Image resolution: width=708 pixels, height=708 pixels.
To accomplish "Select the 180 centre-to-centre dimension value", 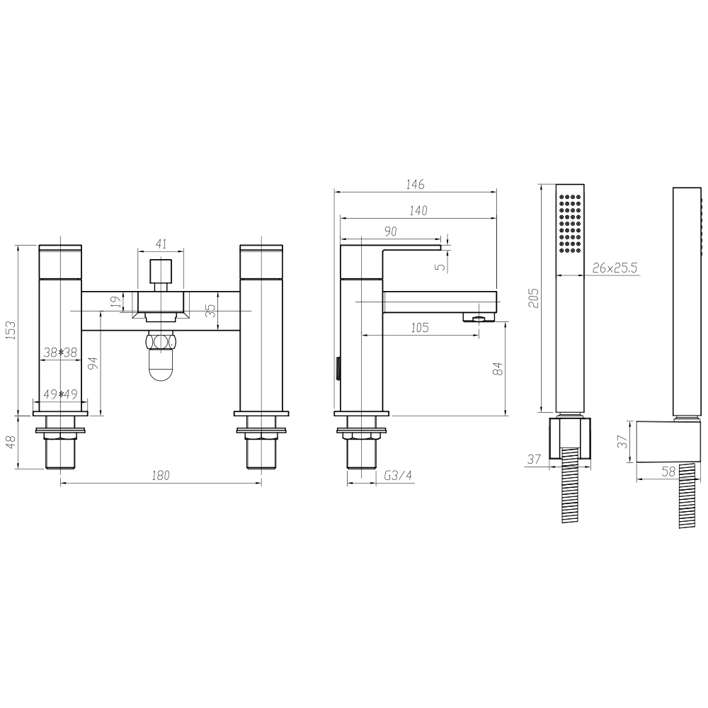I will (161, 476).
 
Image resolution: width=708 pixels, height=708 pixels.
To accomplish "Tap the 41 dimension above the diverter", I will (161, 244).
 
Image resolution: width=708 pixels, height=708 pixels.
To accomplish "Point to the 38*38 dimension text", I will (59, 353).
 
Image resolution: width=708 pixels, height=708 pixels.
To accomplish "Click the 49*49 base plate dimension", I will (59, 394).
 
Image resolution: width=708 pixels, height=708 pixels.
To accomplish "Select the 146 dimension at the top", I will (415, 184).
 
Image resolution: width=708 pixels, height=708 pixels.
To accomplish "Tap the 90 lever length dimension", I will (390, 232).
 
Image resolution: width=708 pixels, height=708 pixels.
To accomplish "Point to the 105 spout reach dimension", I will (420, 326).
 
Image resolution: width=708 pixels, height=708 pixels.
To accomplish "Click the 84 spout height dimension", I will (497, 368).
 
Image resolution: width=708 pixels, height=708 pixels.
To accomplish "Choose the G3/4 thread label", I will (397, 476).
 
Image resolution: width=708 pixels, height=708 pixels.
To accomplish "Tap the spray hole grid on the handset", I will (570, 222).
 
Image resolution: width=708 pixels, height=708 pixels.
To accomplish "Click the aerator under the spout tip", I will (480, 318).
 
